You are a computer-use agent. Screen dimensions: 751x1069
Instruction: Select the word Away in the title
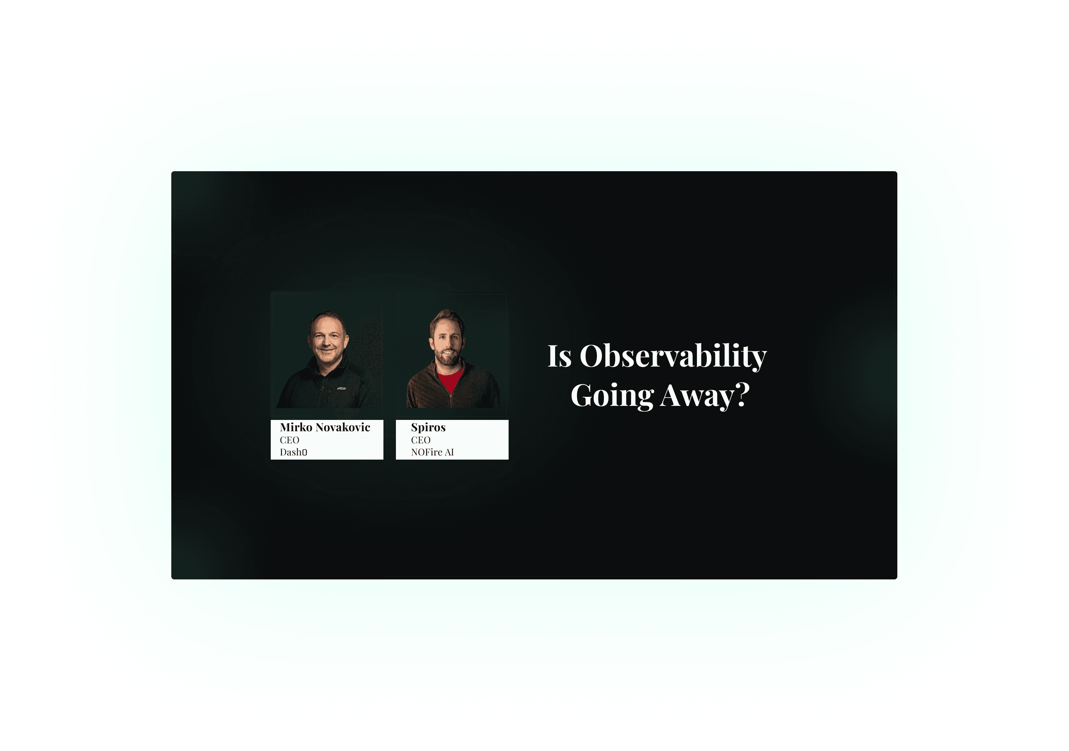click(x=697, y=396)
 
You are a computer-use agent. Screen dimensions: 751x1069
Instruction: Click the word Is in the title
click(x=559, y=356)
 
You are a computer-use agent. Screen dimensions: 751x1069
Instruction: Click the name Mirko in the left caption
click(x=296, y=427)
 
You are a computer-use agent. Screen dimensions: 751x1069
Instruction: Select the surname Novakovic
click(x=343, y=427)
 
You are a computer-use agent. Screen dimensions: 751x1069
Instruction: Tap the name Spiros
click(x=428, y=427)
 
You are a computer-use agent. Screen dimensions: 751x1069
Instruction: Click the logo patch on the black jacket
click(x=341, y=388)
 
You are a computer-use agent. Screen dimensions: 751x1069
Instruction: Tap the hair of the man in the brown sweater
click(x=447, y=318)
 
